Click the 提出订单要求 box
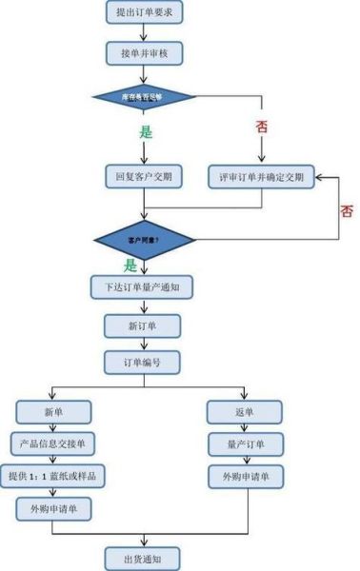142,12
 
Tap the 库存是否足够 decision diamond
142,96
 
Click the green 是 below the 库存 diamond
146,132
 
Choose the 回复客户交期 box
142,176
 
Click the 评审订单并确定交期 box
262,176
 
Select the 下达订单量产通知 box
142,286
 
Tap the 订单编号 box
142,363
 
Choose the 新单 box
53,411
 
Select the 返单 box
244,411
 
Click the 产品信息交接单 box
53,443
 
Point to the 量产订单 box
244,443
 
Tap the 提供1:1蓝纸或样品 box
53,476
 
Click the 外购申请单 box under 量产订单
244,476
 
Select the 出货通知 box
142,557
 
